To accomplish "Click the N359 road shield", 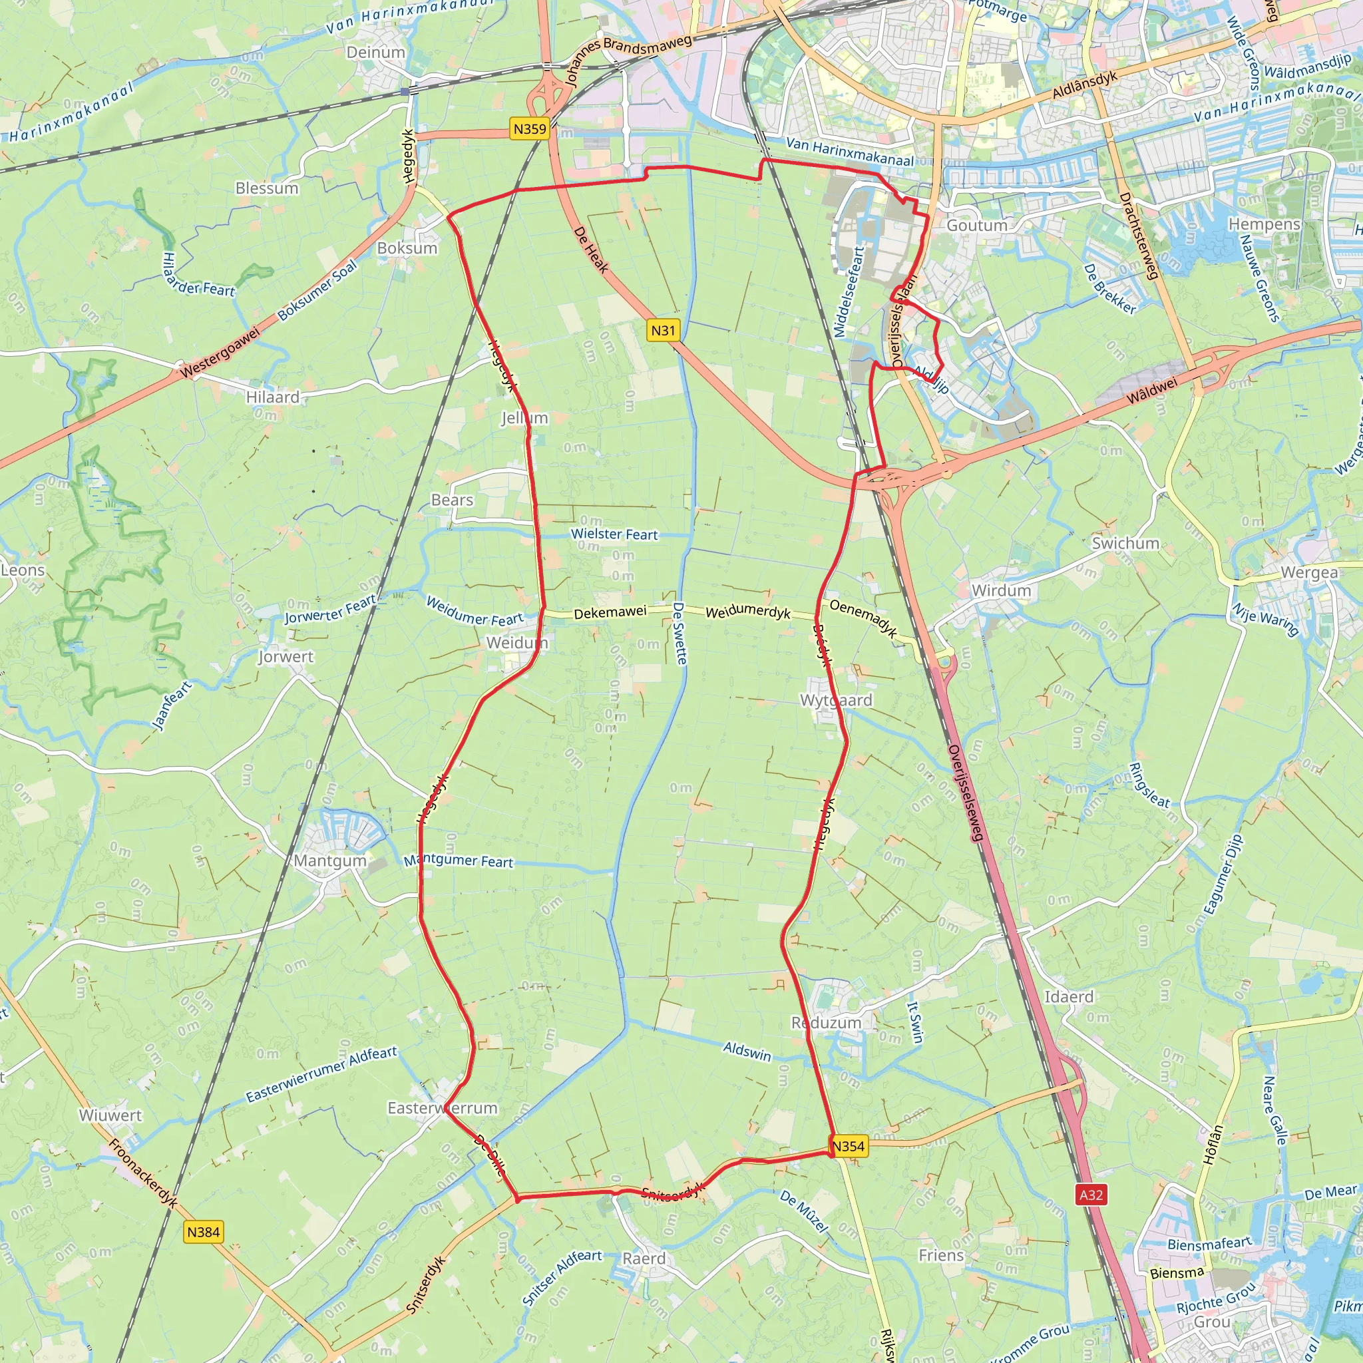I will coord(530,128).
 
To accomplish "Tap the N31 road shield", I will coord(662,330).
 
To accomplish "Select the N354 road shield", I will coord(847,1146).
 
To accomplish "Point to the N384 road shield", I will coord(203,1232).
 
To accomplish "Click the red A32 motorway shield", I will coord(1091,1195).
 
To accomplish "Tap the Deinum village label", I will coord(376,52).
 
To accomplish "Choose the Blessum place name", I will coord(267,188).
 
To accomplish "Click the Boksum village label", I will coord(407,248).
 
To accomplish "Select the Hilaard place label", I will coord(272,397).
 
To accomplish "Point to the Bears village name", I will coord(452,500).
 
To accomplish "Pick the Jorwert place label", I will coord(286,657).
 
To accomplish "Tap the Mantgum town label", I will coord(330,861).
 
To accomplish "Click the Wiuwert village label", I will coord(110,1115).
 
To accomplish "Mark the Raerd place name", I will coord(644,1258).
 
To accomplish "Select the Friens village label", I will coord(941,1255).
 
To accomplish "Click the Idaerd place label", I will coord(1069,997).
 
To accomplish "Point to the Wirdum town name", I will coord(1001,590).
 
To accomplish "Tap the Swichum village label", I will coord(1125,543).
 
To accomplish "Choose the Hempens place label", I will coord(1265,224).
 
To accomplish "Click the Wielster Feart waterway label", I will coord(614,535).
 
